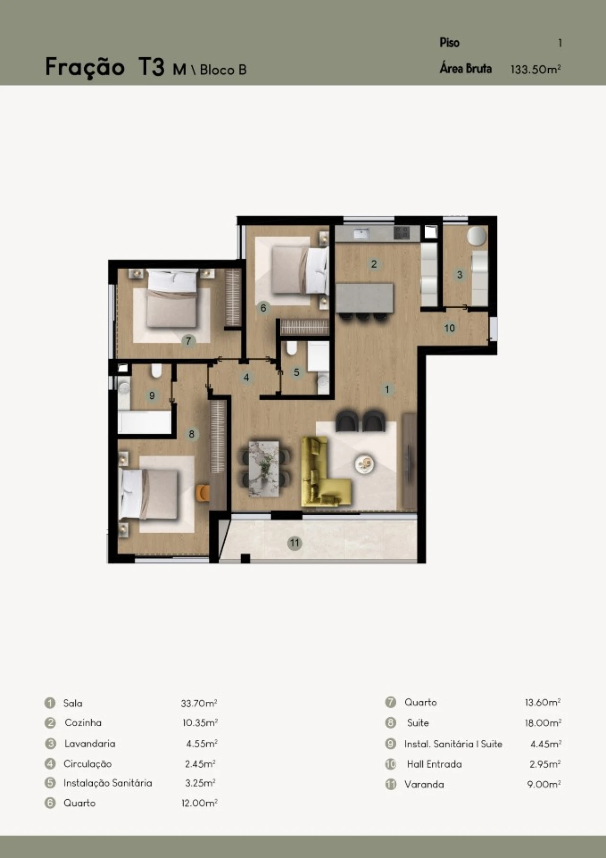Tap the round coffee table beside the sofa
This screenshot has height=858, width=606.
coord(365,463)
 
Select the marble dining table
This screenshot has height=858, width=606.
coord(264,468)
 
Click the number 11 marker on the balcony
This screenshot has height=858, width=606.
coord(295,543)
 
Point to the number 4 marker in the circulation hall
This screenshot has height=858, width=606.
coord(246,378)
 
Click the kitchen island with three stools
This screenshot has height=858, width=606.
coord(365,301)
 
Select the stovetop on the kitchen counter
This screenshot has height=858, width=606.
coord(402,232)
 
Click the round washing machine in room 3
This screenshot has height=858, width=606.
coord(477,235)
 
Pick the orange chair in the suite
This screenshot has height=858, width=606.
coord(204,492)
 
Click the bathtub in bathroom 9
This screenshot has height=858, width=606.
coord(144,422)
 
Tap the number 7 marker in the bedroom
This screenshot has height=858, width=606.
coord(188,340)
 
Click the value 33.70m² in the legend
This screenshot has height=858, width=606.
coord(199,703)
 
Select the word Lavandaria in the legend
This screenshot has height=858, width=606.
coord(90,743)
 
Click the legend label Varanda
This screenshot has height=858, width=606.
coord(424,784)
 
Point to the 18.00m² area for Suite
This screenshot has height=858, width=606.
coord(543,723)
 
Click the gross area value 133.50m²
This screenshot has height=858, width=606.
coord(535,69)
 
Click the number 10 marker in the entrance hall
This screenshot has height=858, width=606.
coord(449,328)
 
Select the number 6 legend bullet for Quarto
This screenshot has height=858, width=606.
coord(50,803)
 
